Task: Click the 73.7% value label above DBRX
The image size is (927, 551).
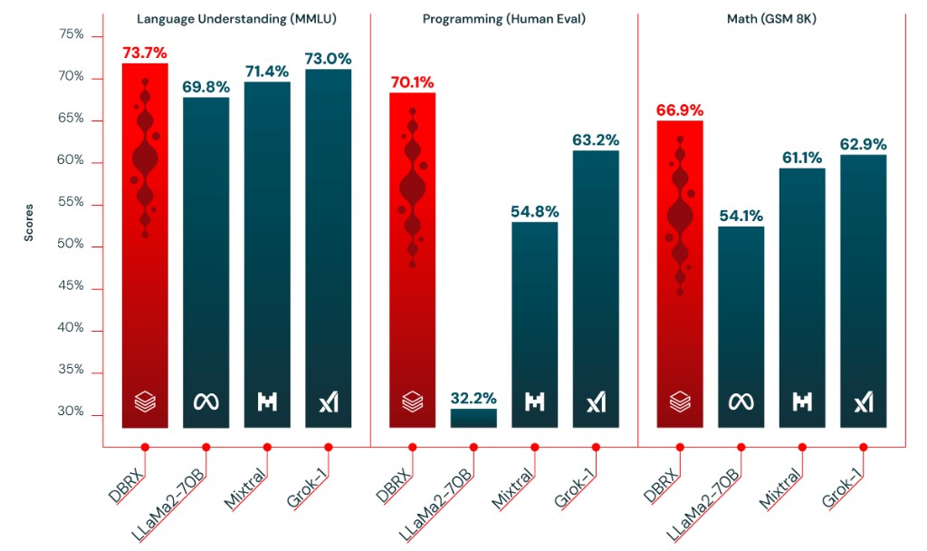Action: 145,53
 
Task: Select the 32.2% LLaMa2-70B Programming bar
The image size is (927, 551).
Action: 473,418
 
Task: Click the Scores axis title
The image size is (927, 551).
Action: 29,221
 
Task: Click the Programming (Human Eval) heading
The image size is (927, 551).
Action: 504,18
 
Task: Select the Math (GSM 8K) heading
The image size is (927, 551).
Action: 772,18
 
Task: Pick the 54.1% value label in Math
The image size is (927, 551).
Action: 741,216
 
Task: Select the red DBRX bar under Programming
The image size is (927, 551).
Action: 413,263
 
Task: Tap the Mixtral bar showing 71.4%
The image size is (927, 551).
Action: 267,254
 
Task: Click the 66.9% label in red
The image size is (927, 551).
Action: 680,110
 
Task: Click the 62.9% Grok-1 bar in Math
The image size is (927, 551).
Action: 864,290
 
